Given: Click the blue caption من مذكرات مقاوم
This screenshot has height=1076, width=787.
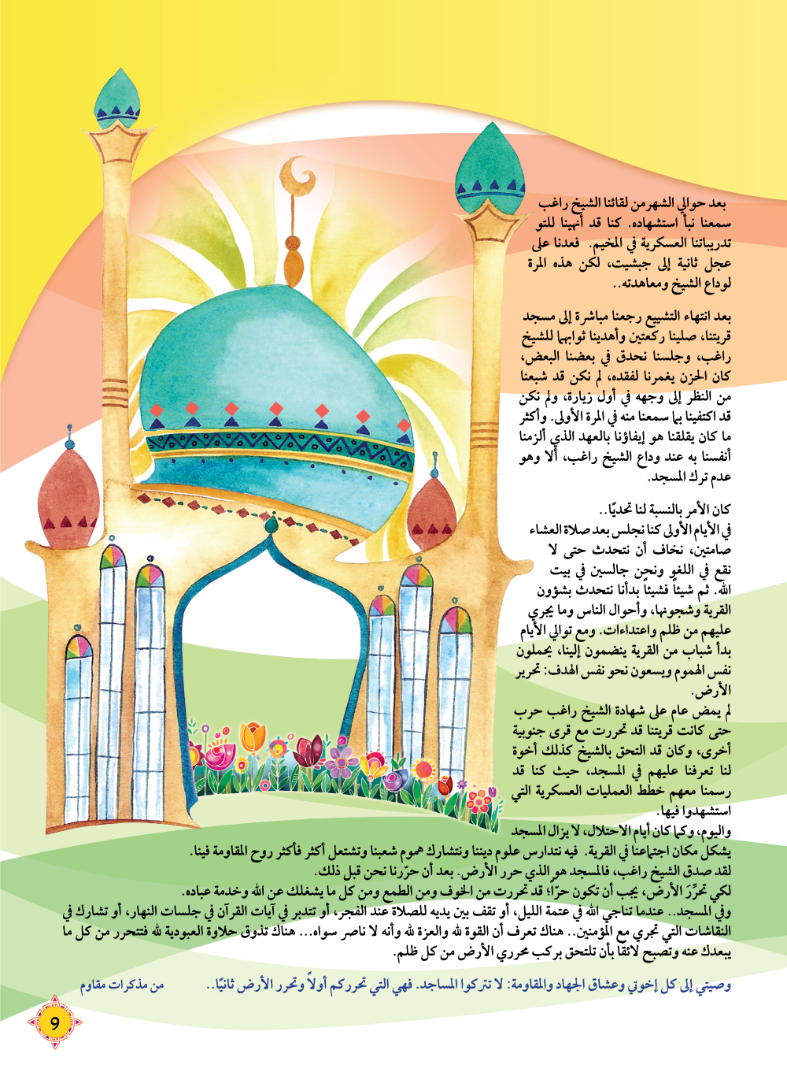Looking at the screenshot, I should click(121, 985).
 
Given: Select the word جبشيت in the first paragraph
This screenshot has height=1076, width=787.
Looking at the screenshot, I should click(630, 263).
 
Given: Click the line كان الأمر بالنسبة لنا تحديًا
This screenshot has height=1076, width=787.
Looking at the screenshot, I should click(665, 509).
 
